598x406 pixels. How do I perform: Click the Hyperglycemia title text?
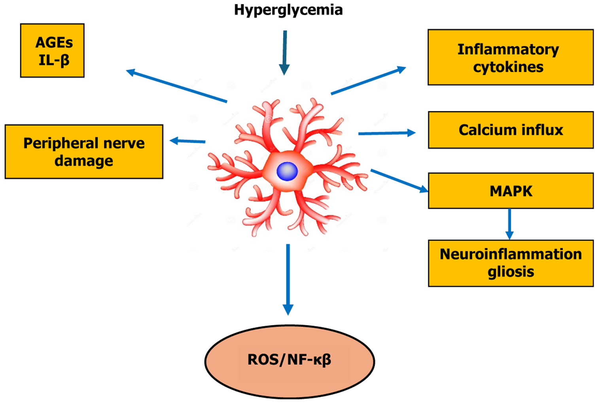288,10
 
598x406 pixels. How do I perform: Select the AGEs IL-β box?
52,50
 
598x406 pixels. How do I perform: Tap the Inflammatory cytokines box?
510,57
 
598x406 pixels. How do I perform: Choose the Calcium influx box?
511,130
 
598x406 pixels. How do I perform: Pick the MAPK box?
511,191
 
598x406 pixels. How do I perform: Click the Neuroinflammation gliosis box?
511,263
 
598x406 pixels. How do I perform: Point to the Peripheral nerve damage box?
84,152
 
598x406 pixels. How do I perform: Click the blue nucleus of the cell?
287,171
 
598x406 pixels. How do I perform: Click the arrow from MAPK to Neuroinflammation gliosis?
509,224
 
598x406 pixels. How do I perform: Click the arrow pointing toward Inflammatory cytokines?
368,81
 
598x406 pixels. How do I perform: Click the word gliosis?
511,272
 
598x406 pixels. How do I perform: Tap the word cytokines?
508,67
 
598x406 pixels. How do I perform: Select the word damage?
84,161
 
